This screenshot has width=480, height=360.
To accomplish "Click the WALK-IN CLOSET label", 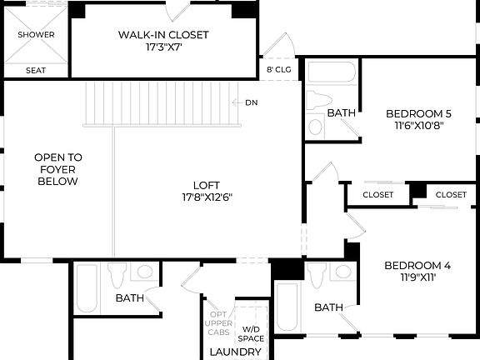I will (x=163, y=35).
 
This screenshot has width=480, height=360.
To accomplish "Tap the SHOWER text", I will (x=37, y=35).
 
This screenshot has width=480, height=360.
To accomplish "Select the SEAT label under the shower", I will (x=36, y=71).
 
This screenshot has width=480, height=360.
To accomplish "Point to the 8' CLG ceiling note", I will (x=277, y=70).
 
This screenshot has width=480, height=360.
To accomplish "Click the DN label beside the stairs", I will (x=252, y=102).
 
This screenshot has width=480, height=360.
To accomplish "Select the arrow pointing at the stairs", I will (x=237, y=102).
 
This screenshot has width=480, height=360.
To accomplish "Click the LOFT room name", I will (x=207, y=186).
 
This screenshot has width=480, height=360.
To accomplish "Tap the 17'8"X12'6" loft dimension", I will (x=207, y=198).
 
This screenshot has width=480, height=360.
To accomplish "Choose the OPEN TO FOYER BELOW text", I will (x=57, y=169).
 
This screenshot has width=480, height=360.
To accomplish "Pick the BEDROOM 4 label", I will (x=417, y=266).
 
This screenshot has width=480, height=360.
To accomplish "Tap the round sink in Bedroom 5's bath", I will (x=316, y=127).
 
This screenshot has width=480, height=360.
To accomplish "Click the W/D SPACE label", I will (x=251, y=333).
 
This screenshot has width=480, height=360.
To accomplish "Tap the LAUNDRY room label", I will (x=236, y=352).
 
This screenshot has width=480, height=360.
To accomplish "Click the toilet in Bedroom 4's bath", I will (x=317, y=272).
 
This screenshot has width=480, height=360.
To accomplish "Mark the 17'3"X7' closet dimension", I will (x=163, y=48).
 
